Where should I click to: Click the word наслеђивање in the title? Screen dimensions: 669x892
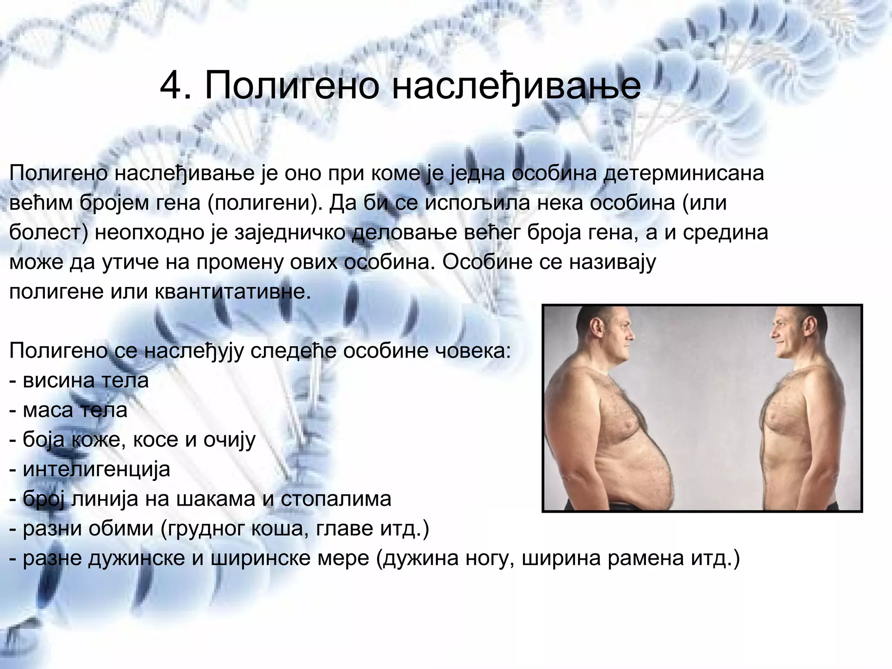516,86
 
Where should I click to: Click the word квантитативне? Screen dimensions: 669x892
233,292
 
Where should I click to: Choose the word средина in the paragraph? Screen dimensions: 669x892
725,233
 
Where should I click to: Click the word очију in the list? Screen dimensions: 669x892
230,440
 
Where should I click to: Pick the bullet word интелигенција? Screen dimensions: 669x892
96,470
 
